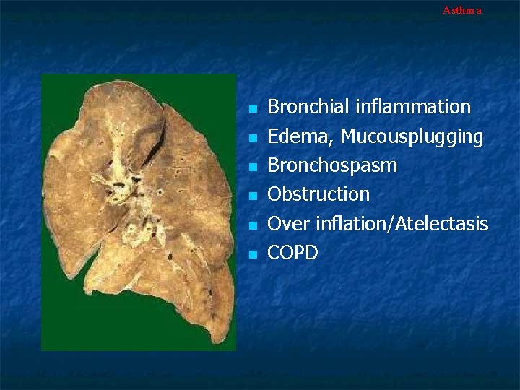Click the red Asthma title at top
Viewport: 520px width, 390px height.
(461, 10)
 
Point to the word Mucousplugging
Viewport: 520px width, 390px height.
(412, 136)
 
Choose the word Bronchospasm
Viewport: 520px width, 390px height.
(332, 165)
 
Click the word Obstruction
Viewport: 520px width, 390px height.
(318, 194)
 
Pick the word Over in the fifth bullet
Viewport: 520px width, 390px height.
(287, 224)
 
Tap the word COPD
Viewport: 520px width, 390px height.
(292, 253)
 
